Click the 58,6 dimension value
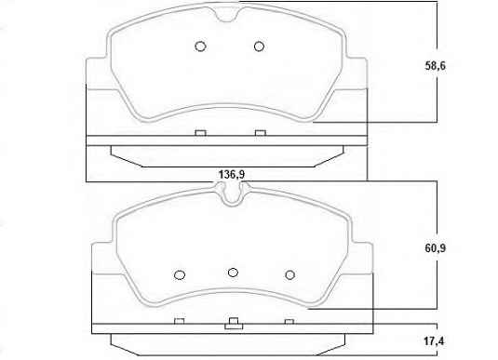[x=435, y=66]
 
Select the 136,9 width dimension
[x=232, y=175]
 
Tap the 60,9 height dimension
[x=435, y=248]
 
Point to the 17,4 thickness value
[x=434, y=341]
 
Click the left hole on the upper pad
[x=200, y=47]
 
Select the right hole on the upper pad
[x=259, y=47]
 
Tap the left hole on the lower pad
[x=180, y=274]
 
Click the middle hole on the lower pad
[x=233, y=273]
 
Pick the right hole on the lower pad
[x=290, y=274]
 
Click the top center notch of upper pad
[x=227, y=15]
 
